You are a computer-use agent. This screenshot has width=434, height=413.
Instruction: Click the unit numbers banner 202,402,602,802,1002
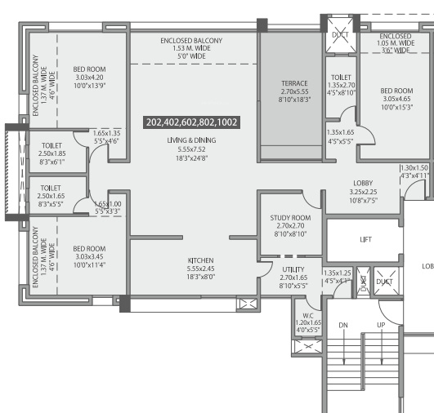191,122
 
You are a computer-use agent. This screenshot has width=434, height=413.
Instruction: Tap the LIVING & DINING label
189,140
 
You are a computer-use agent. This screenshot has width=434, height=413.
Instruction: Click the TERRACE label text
294,83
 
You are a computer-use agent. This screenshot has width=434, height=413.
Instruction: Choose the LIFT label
366,240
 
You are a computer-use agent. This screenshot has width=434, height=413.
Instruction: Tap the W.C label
307,315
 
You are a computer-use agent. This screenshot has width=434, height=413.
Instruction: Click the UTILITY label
293,269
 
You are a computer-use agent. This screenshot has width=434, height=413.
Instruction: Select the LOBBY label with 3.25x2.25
363,183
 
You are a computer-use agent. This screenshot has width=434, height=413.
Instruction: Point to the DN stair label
343,325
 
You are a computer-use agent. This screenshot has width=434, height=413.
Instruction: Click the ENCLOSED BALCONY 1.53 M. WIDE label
191,49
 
